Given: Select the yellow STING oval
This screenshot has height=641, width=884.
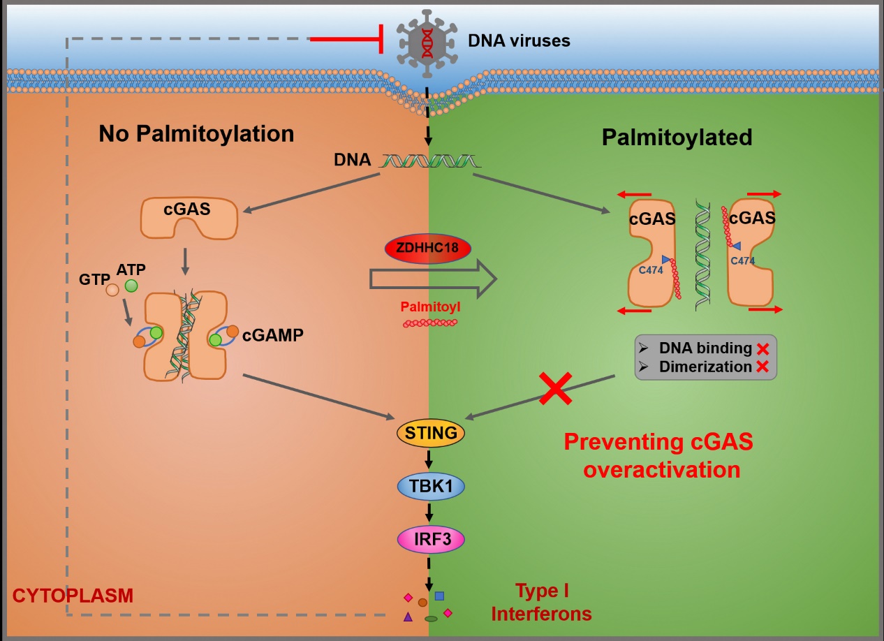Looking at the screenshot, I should [x=430, y=433].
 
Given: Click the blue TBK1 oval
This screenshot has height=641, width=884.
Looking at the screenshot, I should [x=430, y=487].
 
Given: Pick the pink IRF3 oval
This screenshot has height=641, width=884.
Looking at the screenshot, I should [x=430, y=539].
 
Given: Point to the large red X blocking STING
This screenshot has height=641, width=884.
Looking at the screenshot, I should [x=556, y=388].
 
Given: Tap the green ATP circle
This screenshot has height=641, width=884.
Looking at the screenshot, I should [x=131, y=285].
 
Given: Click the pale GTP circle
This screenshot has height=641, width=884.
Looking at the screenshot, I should [x=112, y=289].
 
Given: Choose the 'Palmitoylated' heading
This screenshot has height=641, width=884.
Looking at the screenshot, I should [x=676, y=137].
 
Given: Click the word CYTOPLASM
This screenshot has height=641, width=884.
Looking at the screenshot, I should [x=73, y=596].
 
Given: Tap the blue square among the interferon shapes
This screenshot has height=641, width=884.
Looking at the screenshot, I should [x=439, y=596].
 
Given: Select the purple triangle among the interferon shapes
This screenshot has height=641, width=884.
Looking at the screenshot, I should [x=408, y=617].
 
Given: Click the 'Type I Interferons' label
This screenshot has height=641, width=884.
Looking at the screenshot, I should [x=542, y=603].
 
